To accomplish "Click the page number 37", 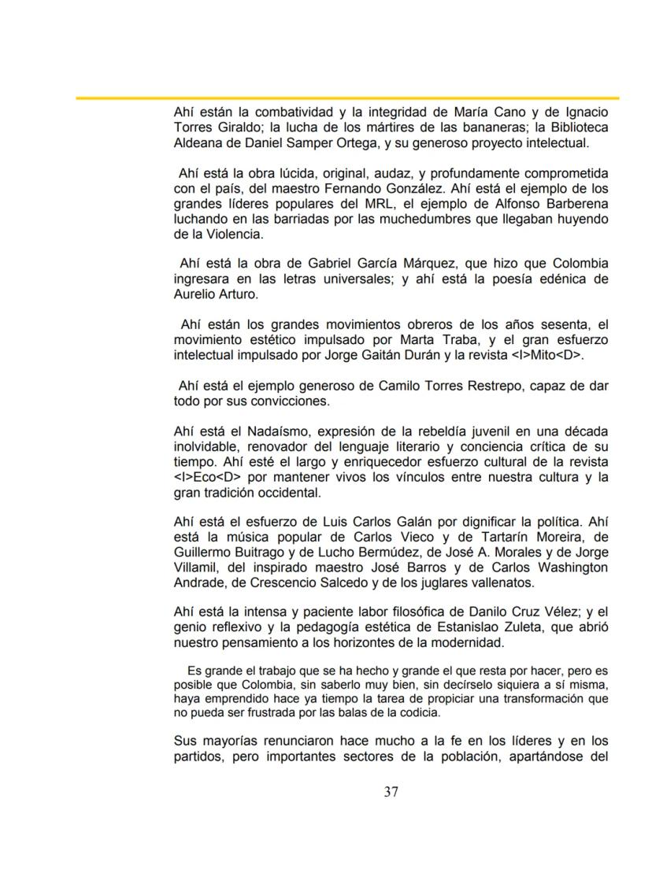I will coord(391,792).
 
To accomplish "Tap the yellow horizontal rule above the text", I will coord(346,98).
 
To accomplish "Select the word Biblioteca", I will coord(574,128).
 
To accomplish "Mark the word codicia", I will coord(419,712).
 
